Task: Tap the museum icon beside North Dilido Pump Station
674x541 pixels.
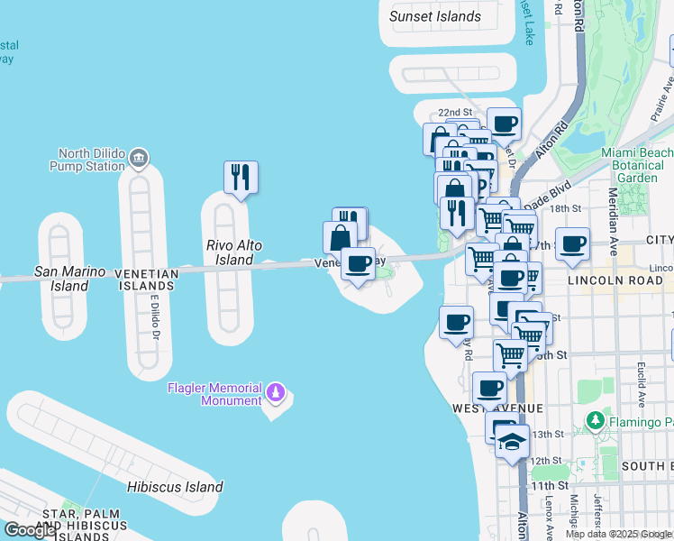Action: (139, 160)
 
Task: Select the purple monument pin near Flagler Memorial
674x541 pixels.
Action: (277, 393)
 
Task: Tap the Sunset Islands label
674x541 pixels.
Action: (435, 16)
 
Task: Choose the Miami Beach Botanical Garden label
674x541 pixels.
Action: (636, 165)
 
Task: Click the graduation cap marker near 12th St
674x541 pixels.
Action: (512, 443)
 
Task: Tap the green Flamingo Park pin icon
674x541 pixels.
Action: (594, 420)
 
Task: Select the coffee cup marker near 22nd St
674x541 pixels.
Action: (504, 124)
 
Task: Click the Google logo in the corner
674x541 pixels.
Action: (30, 529)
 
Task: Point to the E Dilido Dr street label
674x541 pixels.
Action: (154, 316)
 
